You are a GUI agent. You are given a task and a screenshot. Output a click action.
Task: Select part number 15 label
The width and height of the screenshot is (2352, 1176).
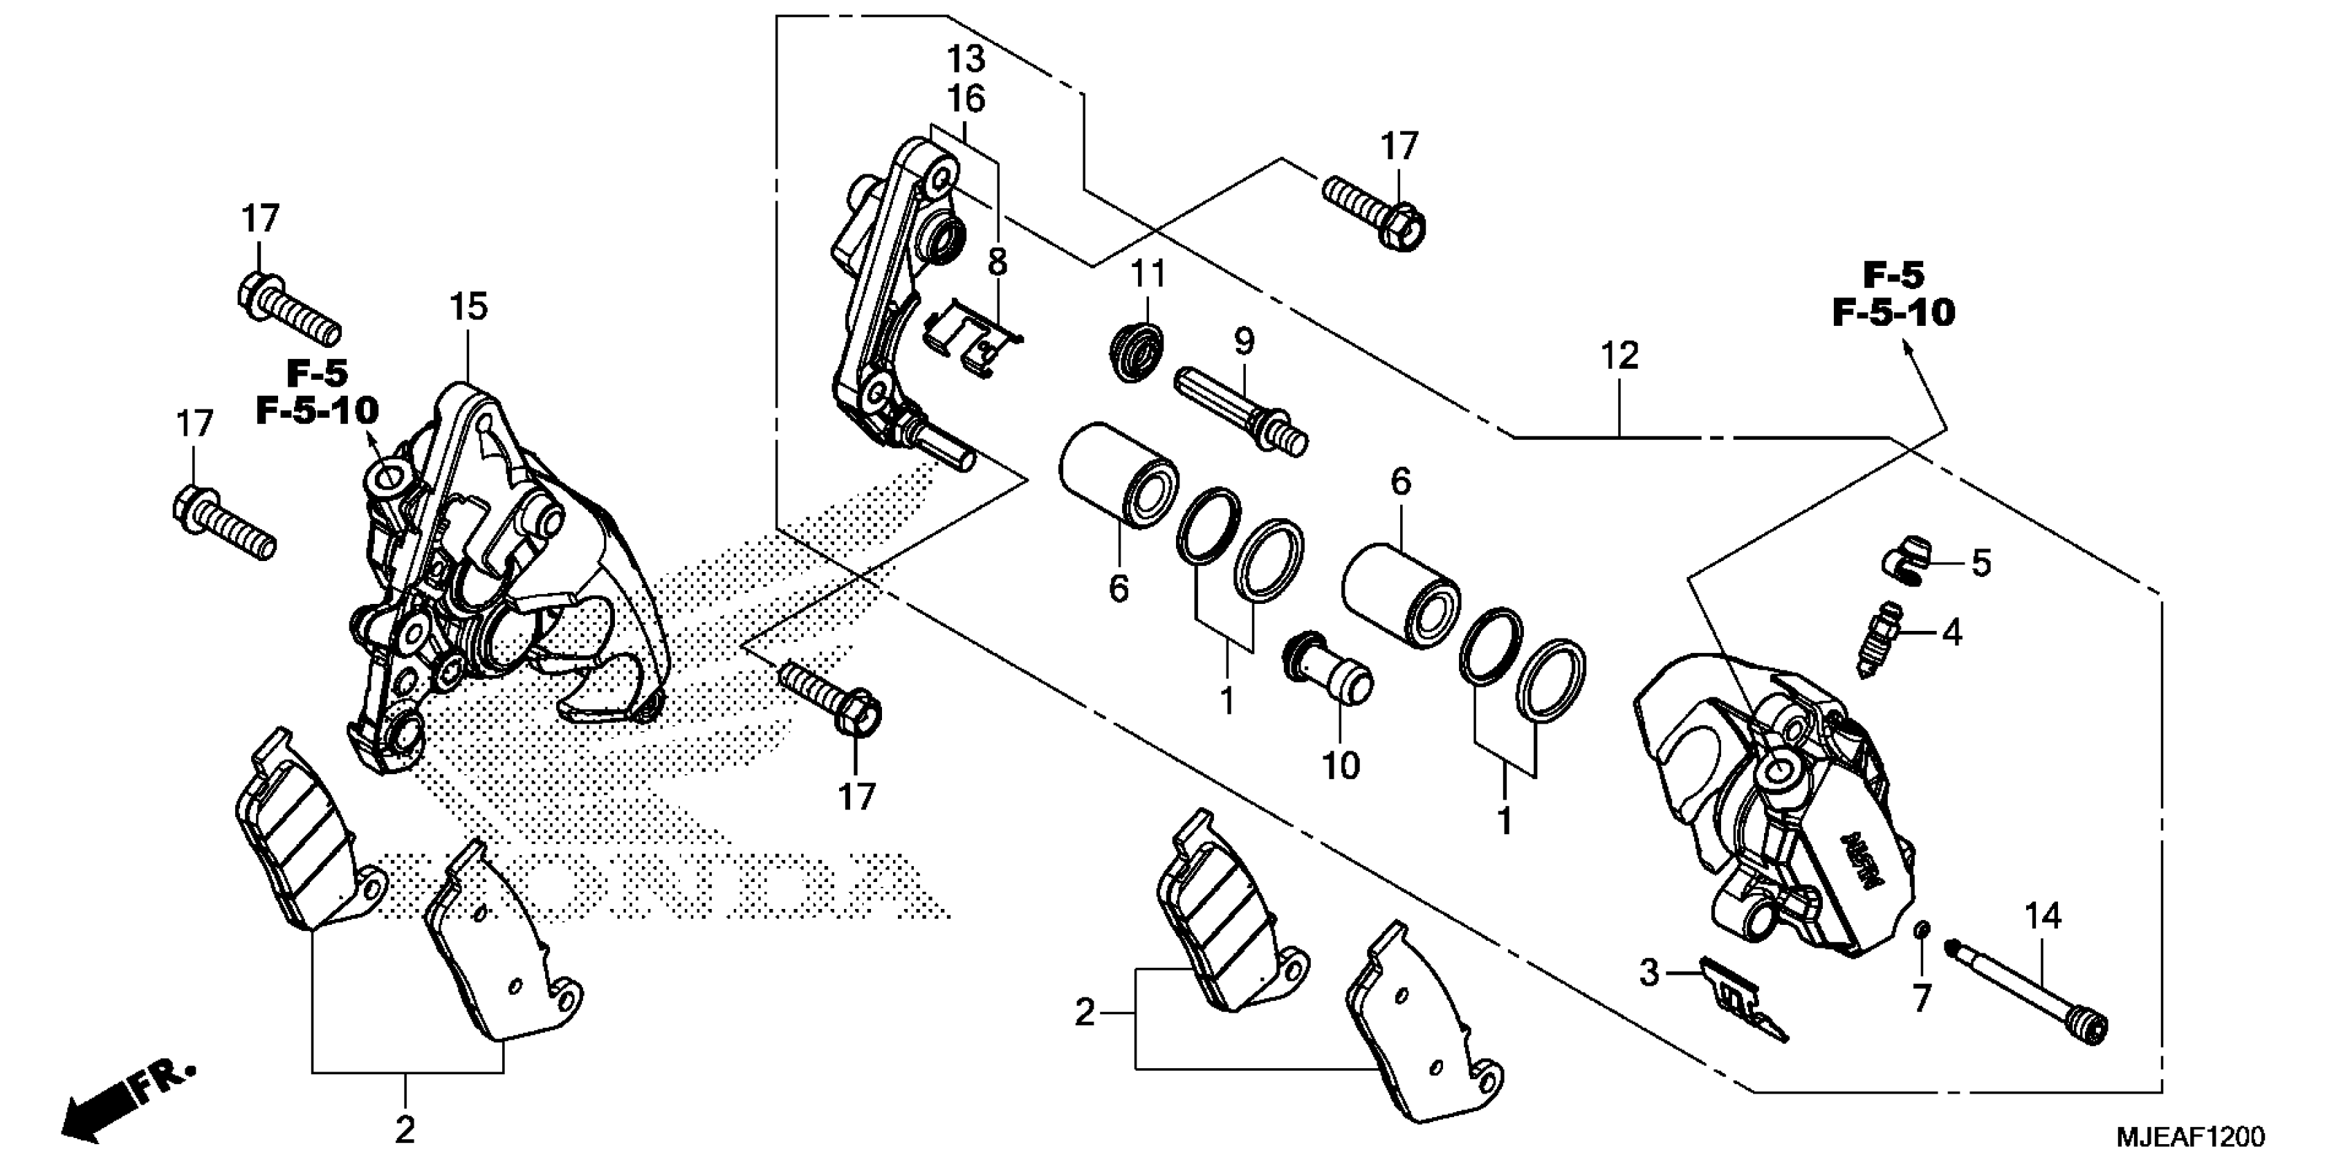(468, 306)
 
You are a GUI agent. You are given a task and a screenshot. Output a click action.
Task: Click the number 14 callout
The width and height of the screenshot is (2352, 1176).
(2043, 917)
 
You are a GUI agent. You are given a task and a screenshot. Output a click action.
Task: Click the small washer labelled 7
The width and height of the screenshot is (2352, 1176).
(1920, 956)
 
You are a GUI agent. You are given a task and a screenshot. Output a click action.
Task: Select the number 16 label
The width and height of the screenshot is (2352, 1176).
(966, 99)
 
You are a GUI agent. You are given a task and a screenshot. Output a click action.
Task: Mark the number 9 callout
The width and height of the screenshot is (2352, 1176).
(1244, 342)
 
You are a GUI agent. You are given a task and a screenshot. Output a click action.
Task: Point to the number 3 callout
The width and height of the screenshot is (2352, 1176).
(1649, 973)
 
